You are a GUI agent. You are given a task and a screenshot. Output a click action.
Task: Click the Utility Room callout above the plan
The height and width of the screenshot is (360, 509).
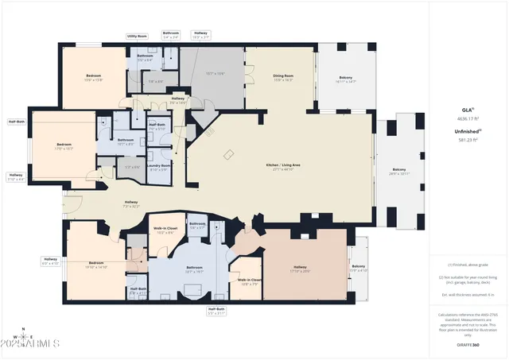coord(137,36)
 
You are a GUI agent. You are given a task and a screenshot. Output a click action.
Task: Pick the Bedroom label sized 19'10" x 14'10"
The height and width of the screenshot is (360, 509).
coord(95,265)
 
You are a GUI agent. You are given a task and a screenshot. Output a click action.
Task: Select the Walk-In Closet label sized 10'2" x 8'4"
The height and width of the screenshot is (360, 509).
coord(165,230)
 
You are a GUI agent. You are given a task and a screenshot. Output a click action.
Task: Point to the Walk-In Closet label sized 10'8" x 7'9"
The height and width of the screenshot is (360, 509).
coord(249,281)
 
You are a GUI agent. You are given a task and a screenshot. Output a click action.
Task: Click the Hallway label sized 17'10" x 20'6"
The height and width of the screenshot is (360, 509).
coord(300,269)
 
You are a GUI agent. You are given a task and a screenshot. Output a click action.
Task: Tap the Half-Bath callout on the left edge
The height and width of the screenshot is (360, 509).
coord(15,122)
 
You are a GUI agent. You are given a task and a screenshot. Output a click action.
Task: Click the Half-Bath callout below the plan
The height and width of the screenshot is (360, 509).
coord(217,311)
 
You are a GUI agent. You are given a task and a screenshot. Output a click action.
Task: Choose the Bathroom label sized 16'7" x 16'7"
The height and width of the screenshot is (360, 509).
coord(195,269)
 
